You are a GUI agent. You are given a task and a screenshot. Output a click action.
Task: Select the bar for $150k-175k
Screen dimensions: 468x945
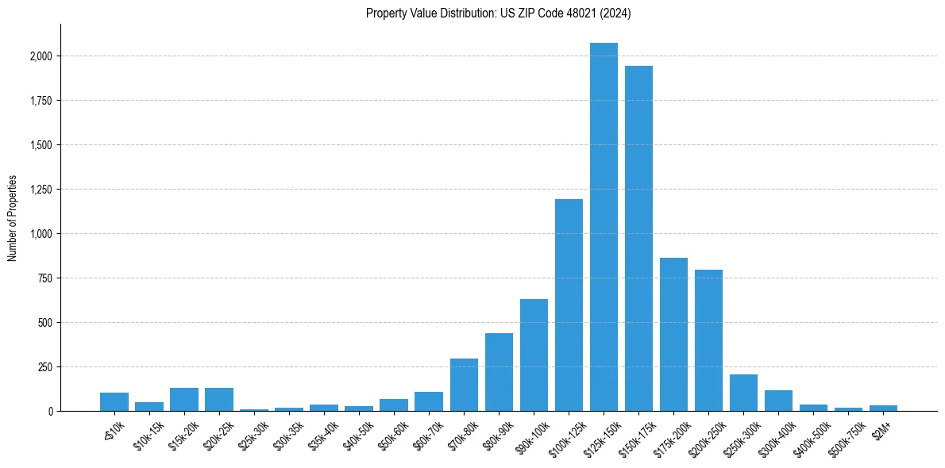click(x=638, y=238)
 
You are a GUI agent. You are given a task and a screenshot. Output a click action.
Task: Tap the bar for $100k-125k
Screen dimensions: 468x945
click(x=569, y=305)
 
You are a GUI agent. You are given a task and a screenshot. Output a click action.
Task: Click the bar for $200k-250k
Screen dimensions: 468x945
click(x=708, y=340)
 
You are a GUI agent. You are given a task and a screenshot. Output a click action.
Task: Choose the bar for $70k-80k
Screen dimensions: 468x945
click(x=464, y=385)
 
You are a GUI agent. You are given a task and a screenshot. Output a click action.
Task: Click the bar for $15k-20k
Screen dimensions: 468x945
click(x=184, y=400)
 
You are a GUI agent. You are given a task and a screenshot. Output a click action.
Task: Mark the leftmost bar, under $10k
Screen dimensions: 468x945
click(x=114, y=402)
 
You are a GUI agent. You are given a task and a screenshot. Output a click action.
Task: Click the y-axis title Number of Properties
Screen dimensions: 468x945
click(x=12, y=218)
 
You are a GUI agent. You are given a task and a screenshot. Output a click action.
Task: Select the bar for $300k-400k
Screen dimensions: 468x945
click(x=778, y=401)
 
